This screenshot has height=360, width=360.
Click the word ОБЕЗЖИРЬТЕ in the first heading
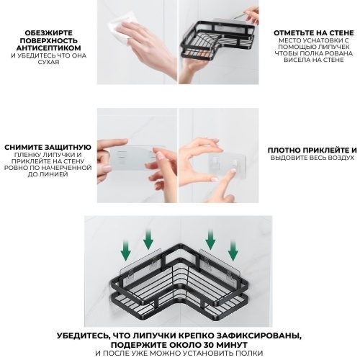pos(49,33)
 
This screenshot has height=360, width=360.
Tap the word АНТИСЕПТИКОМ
pos(49,48)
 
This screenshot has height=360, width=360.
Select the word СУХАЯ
pos(48,62)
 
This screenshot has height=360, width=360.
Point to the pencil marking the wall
pos(245,13)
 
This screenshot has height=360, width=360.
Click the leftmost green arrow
pos(125,251)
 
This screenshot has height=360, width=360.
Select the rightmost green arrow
pos(233,251)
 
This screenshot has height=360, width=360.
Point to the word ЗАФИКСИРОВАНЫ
pos(259,336)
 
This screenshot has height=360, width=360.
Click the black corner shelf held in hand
pos(217,40)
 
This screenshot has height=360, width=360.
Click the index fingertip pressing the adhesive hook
pos(233,171)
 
